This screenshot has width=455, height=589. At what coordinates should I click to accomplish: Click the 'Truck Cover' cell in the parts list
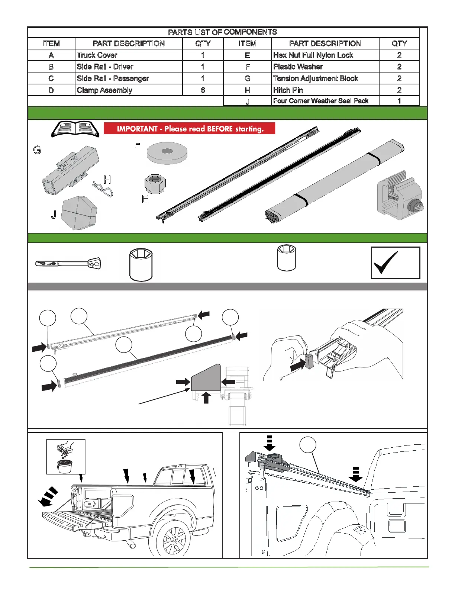[97, 55]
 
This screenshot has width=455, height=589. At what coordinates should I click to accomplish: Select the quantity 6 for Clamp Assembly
[203, 90]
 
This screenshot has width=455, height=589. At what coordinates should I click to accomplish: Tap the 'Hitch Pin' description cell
[288, 90]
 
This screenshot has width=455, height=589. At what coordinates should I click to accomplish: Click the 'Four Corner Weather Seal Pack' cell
[320, 101]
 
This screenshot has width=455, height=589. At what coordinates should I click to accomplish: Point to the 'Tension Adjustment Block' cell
[316, 78]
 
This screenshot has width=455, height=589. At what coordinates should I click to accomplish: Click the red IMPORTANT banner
[189, 129]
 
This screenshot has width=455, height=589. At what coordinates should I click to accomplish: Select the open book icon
[75, 129]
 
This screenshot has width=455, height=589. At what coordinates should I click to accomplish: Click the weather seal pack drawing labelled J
[79, 213]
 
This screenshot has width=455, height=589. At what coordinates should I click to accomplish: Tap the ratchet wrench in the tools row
[68, 264]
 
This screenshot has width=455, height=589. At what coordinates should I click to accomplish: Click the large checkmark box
[396, 263]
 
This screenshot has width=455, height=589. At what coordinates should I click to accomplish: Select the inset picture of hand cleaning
[66, 456]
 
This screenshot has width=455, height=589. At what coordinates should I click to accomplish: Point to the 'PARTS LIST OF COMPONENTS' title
[222, 32]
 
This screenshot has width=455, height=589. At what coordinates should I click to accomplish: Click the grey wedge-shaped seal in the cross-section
[205, 378]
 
